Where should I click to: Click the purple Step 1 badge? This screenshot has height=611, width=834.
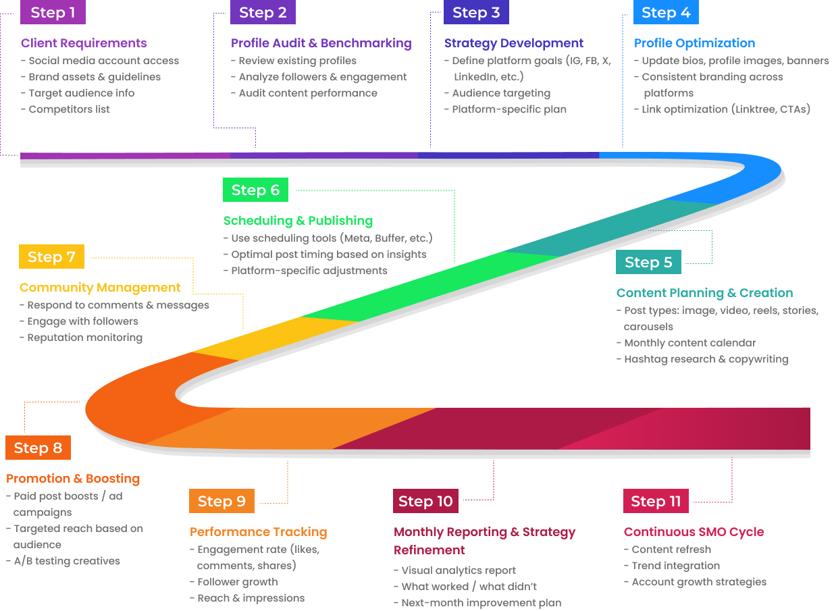click(53, 12)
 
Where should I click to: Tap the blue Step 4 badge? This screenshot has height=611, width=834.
click(666, 12)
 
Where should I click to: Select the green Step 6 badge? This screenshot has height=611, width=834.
click(255, 190)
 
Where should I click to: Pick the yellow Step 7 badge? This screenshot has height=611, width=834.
click(51, 257)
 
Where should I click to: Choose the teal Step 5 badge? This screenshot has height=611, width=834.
click(648, 262)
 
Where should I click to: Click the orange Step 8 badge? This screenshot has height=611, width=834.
click(38, 448)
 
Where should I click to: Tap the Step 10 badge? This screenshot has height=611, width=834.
click(425, 501)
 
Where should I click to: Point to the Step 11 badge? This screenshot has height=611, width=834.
click(656, 501)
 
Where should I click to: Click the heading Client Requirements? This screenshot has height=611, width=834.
click(84, 43)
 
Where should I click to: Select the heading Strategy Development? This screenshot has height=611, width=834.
click(514, 43)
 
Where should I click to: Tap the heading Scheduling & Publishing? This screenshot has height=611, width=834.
click(298, 221)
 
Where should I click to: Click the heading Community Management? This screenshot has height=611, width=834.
click(100, 288)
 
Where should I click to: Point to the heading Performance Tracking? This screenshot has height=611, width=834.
click(258, 532)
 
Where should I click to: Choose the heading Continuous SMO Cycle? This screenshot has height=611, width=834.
click(694, 532)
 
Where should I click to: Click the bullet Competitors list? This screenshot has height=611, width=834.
click(69, 109)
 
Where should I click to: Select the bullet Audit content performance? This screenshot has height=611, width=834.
click(307, 93)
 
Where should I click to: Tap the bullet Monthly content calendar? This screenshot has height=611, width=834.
click(689, 343)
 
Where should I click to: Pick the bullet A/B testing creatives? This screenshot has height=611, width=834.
click(67, 561)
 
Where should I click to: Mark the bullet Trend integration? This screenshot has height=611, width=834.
click(675, 566)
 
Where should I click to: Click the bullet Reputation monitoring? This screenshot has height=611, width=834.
click(84, 338)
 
